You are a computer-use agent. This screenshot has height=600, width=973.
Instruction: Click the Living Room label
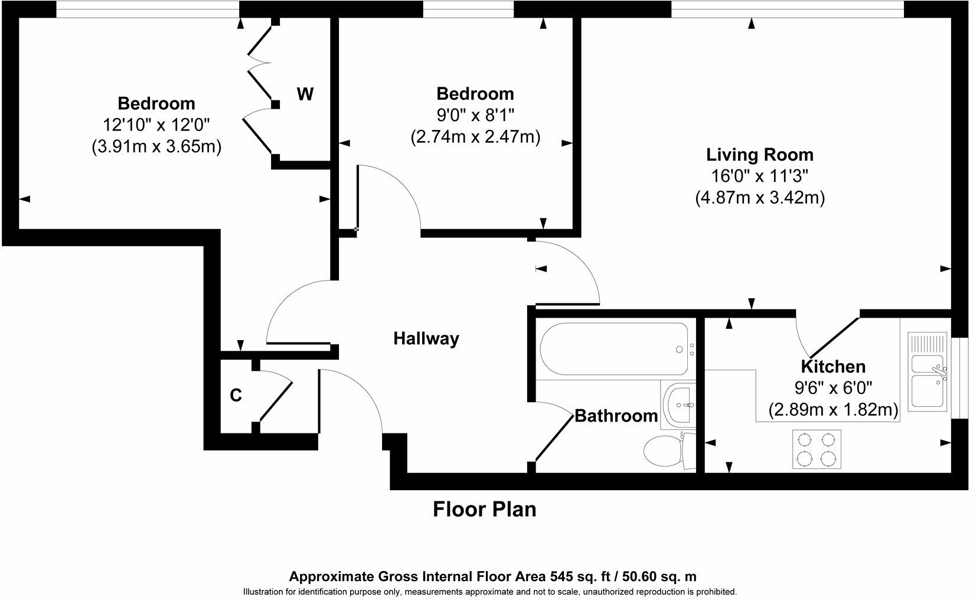coord(759,155)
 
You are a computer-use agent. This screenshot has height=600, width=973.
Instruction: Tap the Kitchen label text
coord(832,366)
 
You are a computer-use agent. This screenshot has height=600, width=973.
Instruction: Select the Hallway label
coord(426,338)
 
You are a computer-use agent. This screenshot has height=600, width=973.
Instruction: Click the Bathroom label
coord(616,416)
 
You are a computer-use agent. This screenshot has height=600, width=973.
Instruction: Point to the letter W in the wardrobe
coord(305,94)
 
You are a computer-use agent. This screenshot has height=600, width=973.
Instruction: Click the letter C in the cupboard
coord(236,395)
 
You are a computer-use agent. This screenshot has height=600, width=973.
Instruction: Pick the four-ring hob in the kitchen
coord(817,448)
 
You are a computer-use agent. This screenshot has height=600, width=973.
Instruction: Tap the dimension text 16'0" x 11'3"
coord(759,176)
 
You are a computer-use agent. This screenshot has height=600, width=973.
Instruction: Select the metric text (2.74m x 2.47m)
coord(475,137)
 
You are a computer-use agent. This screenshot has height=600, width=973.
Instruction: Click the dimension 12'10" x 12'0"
coord(156,125)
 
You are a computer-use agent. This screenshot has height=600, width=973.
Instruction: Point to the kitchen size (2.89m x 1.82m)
coord(832,409)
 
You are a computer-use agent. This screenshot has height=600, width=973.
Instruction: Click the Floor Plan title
coord(484,509)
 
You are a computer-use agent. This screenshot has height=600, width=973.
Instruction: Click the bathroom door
coord(554,437)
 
